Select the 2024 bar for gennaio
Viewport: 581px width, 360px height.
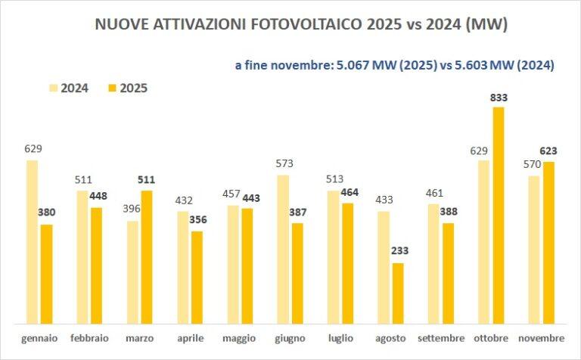pos(32,241)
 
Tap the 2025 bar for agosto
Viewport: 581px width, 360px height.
pos(398,291)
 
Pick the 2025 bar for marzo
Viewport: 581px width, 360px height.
pos(147,256)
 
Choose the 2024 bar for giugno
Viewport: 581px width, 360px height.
pos(284,248)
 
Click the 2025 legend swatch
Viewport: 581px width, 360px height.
pos(114,88)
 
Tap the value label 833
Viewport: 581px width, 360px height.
pos(499,98)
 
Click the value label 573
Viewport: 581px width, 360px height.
pos(284,163)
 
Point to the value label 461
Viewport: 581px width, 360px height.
pos(433,191)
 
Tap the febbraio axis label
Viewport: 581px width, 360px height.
pos(90,337)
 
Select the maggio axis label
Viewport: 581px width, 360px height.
pos(240,337)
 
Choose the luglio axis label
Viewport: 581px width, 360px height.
pos(341,337)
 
